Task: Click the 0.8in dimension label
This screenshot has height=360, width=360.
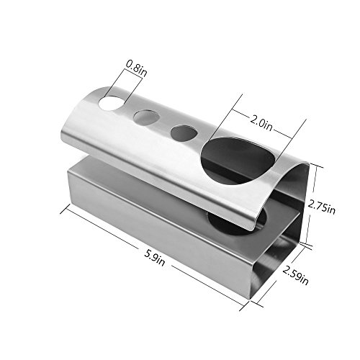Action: pos(137,68)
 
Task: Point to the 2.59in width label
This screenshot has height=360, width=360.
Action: pos(295,276)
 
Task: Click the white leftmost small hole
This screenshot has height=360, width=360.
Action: pos(111,103)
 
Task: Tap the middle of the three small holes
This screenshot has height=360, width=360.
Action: pos(146,118)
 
